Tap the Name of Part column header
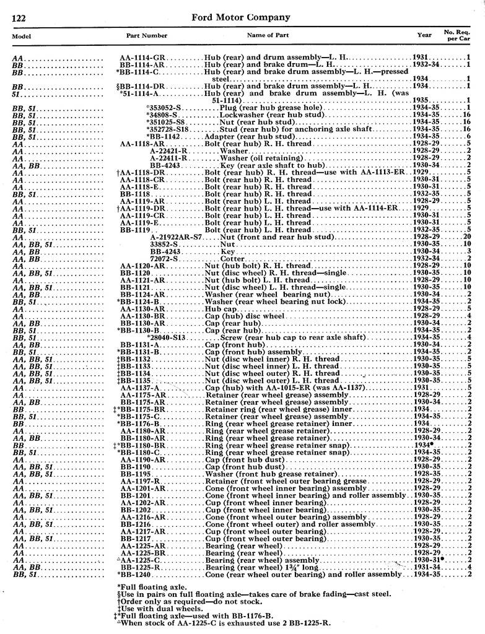pos(268,35)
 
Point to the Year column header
pos(424,35)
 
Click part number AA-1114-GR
pos(142,58)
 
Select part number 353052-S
pos(164,108)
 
